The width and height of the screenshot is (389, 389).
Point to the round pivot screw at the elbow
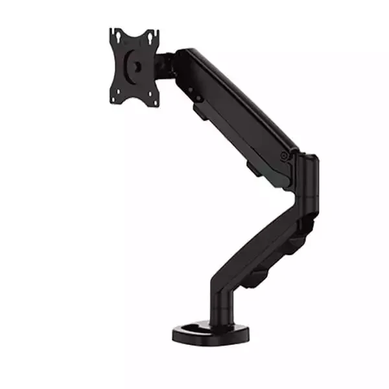tap(285, 155)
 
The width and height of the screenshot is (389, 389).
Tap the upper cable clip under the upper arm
tap(201, 112)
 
